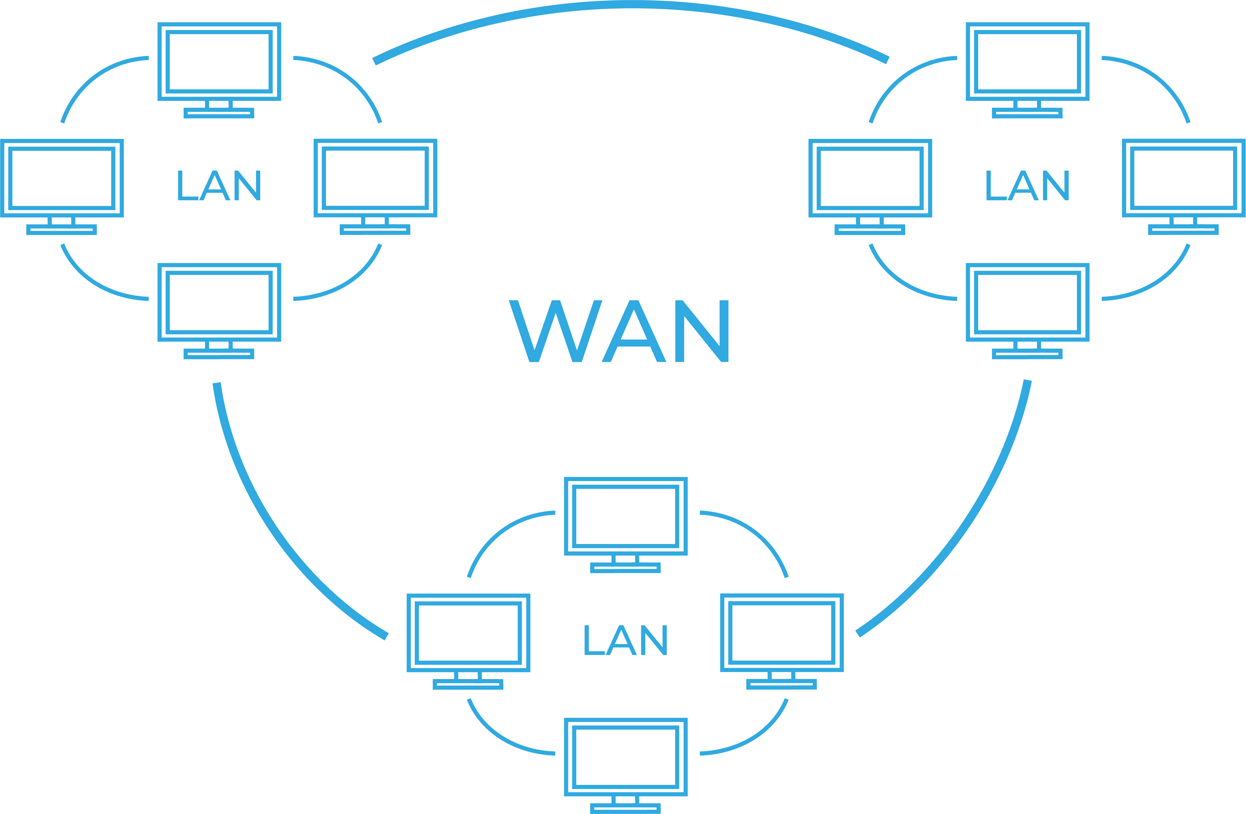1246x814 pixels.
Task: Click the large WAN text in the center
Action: pos(619,331)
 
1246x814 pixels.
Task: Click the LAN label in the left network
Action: pos(219,186)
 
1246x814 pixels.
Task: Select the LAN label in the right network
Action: pos(1027,186)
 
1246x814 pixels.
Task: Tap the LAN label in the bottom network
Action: pos(625,640)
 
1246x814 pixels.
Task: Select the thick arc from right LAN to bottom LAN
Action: pos(969,528)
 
